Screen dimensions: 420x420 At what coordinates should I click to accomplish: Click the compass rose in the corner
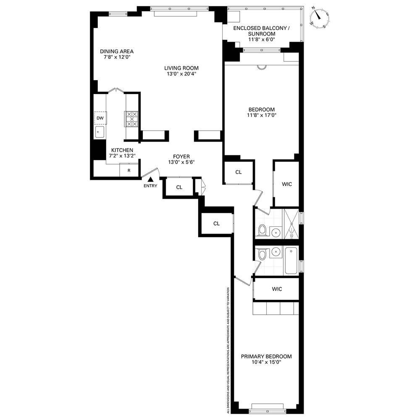pos(319,18)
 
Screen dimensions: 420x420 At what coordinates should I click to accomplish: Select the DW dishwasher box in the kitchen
pos(100,118)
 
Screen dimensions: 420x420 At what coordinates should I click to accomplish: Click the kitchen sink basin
pos(100,132)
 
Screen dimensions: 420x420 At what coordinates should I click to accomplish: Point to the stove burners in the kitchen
pos(132,119)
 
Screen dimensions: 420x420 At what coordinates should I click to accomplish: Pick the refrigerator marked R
pos(129,171)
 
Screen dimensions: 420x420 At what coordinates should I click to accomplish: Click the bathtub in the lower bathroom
pos(291,260)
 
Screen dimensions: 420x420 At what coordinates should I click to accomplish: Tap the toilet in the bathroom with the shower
pos(262,230)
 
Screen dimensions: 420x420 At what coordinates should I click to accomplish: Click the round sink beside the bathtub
pos(276,252)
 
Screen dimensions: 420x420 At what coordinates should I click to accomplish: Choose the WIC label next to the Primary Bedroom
pos(277,289)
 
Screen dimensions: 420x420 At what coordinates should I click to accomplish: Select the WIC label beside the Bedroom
pos(286,184)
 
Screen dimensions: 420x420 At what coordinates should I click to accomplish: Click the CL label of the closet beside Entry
pos(179,187)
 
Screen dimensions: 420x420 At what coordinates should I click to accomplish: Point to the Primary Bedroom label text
pos(266,357)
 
